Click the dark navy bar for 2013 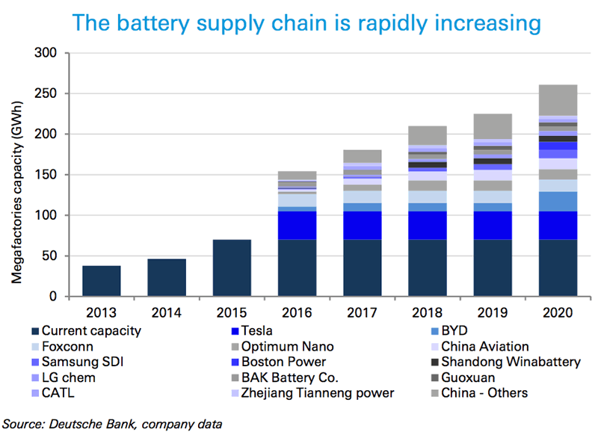point(101,281)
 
